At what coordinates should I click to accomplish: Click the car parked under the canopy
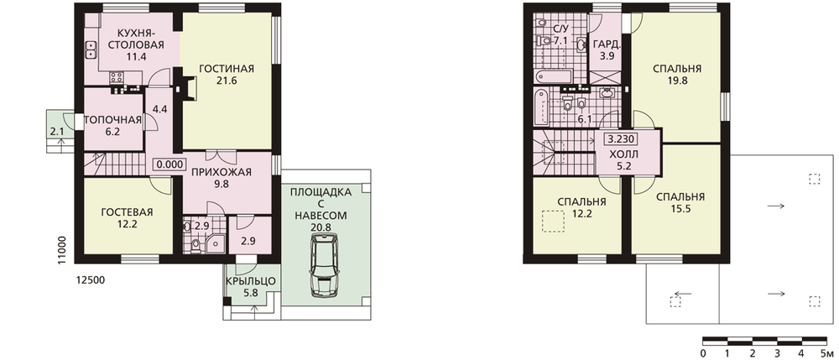(324, 266)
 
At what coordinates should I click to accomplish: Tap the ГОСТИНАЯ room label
(227, 69)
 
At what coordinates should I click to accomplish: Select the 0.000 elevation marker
(170, 164)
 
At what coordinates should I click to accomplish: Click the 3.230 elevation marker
(621, 139)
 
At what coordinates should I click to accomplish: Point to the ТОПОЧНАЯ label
(113, 120)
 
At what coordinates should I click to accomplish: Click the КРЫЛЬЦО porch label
(250, 281)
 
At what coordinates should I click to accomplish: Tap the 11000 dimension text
(63, 250)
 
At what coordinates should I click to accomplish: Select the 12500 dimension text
(90, 279)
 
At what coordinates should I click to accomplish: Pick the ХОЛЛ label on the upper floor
(624, 154)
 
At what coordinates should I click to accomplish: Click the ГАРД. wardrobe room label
(607, 45)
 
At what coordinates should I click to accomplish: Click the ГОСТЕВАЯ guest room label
(127, 212)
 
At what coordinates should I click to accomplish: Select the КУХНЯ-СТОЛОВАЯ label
(136, 39)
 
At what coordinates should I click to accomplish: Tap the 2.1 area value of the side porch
(57, 132)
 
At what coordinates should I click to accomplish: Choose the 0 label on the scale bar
(702, 353)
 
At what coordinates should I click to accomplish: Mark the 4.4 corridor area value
(160, 109)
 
